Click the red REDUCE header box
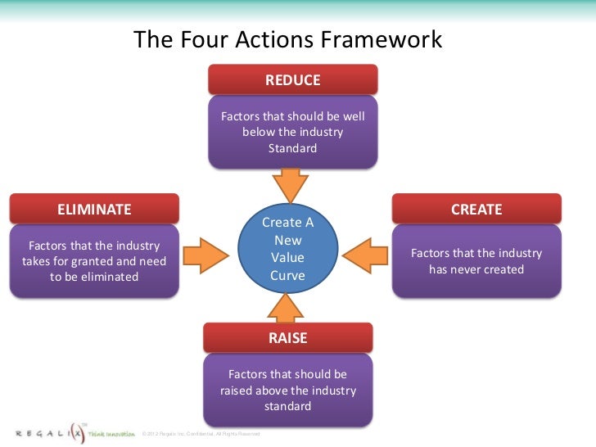(x=292, y=80)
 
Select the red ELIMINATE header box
(x=94, y=209)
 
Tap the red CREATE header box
(x=476, y=209)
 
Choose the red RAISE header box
(x=287, y=338)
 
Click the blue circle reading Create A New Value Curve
(x=287, y=249)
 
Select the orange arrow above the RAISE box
(x=287, y=309)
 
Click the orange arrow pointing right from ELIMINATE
(x=208, y=251)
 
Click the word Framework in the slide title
(x=386, y=40)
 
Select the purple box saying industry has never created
(x=476, y=261)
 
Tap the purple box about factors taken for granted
(x=94, y=261)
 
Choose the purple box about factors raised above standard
(x=287, y=390)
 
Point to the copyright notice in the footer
(x=201, y=433)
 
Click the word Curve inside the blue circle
(x=287, y=276)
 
